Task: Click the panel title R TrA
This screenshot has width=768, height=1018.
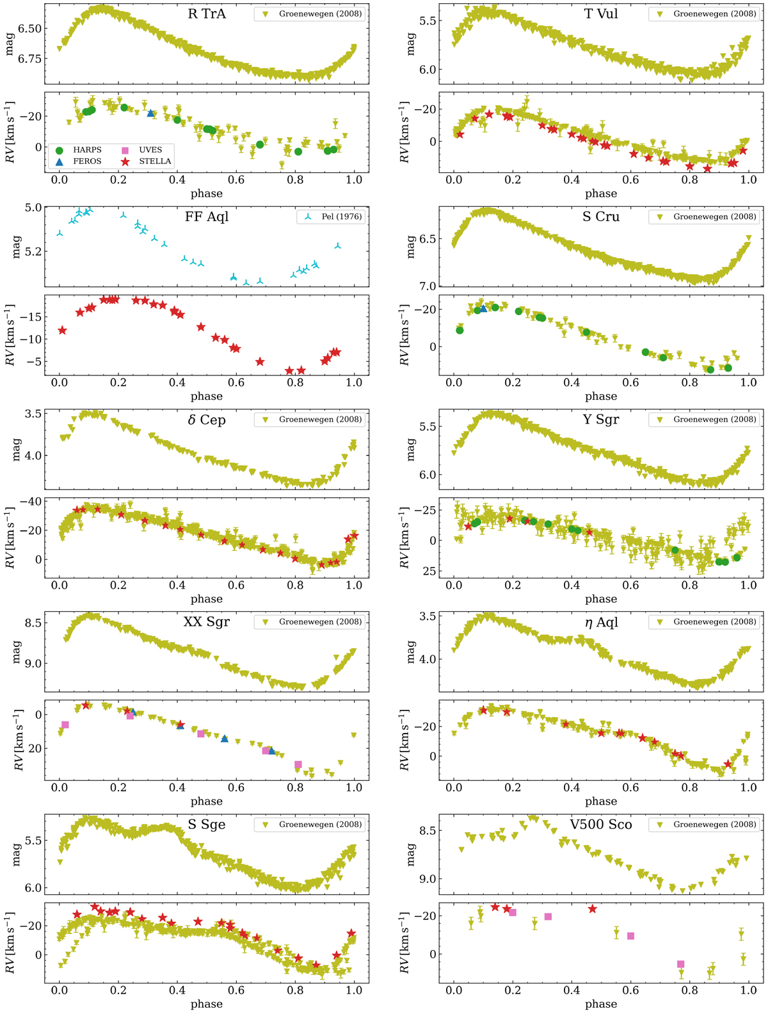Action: [x=207, y=13]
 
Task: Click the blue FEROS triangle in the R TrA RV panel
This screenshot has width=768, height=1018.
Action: [x=150, y=113]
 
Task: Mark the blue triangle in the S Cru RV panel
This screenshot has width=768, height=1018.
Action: [x=483, y=308]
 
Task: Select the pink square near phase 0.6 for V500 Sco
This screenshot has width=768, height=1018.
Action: [x=630, y=936]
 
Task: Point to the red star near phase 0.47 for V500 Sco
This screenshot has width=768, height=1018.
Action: [x=592, y=909]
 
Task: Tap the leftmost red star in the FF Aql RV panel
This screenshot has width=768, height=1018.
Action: [x=62, y=330]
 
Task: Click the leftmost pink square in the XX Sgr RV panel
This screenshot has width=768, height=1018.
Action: [x=65, y=725]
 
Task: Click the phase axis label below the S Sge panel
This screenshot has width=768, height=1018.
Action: [x=206, y=1004]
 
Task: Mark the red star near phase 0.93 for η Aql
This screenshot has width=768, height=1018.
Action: [x=728, y=764]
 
